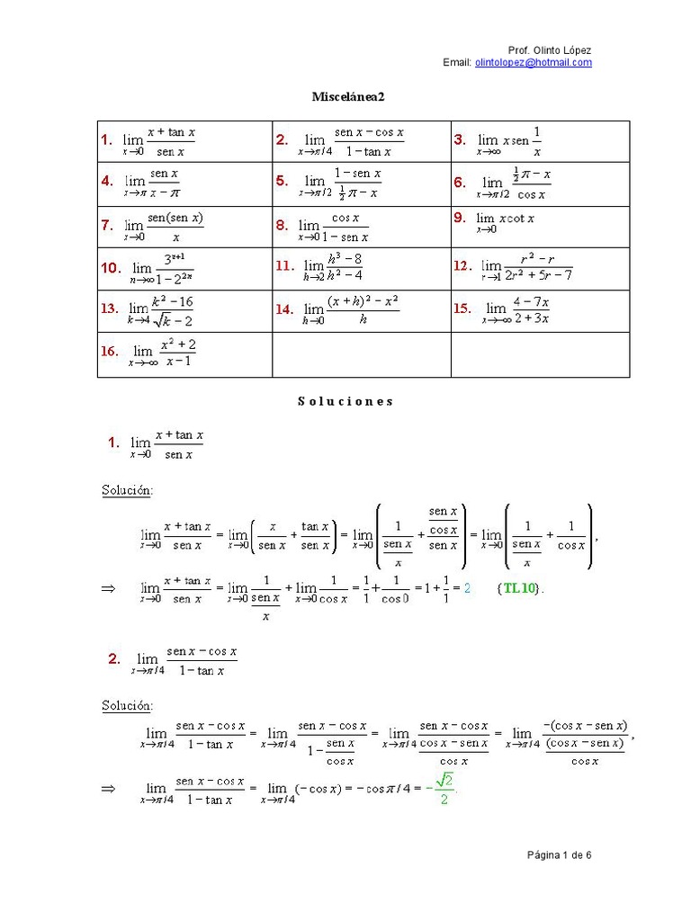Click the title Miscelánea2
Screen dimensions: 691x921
click(341, 96)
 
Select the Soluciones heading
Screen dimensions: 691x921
click(345, 401)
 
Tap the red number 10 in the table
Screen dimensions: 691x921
click(111, 268)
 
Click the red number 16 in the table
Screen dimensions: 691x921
click(110, 352)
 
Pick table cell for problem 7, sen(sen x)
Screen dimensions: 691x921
click(184, 227)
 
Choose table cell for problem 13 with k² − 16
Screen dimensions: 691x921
click(184, 310)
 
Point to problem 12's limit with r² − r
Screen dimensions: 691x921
click(527, 268)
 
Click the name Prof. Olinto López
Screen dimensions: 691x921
click(550, 50)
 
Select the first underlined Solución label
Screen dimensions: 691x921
click(127, 490)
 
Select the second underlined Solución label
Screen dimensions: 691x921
click(127, 705)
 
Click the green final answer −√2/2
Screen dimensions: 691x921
click(443, 791)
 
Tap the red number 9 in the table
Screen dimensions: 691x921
click(460, 217)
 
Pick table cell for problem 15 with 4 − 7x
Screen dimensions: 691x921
click(540, 310)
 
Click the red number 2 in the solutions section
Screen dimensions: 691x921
click(114, 659)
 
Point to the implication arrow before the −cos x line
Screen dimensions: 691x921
click(109, 789)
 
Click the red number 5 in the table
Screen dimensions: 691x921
click(282, 181)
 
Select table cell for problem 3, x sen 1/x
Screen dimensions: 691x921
click(540, 140)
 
